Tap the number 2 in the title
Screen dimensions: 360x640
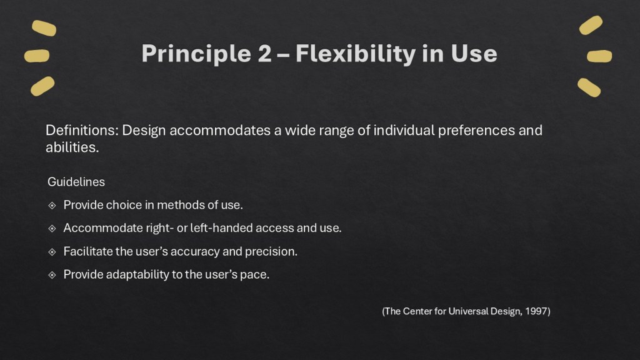pyautogui.click(x=264, y=54)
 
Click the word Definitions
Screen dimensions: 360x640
pyautogui.click(x=81, y=131)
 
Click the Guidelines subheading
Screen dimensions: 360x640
pyautogui.click(x=76, y=182)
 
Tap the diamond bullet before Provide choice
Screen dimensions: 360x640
pyautogui.click(x=52, y=205)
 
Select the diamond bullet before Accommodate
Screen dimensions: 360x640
pyautogui.click(x=52, y=228)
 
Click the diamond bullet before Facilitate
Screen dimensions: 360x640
pyautogui.click(x=52, y=251)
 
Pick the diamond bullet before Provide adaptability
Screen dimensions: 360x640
pyautogui.click(x=52, y=274)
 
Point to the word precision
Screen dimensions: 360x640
pyautogui.click(x=272, y=251)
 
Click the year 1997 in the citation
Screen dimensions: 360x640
pyautogui.click(x=536, y=311)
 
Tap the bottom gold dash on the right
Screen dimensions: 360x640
pyautogui.click(x=589, y=87)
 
